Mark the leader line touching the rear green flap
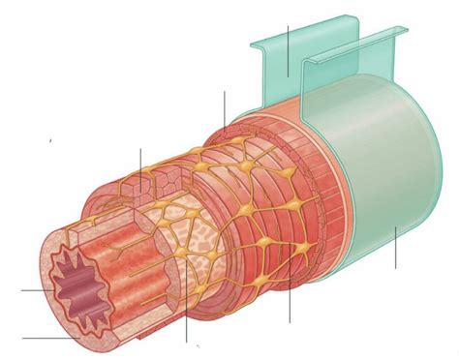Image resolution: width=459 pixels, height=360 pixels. coord(288,39)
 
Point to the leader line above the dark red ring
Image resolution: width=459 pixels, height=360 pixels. coord(224,111)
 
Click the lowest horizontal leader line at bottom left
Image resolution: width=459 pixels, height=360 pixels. coord(44,338)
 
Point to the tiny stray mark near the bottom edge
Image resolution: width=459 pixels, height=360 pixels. coord(199,345)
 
